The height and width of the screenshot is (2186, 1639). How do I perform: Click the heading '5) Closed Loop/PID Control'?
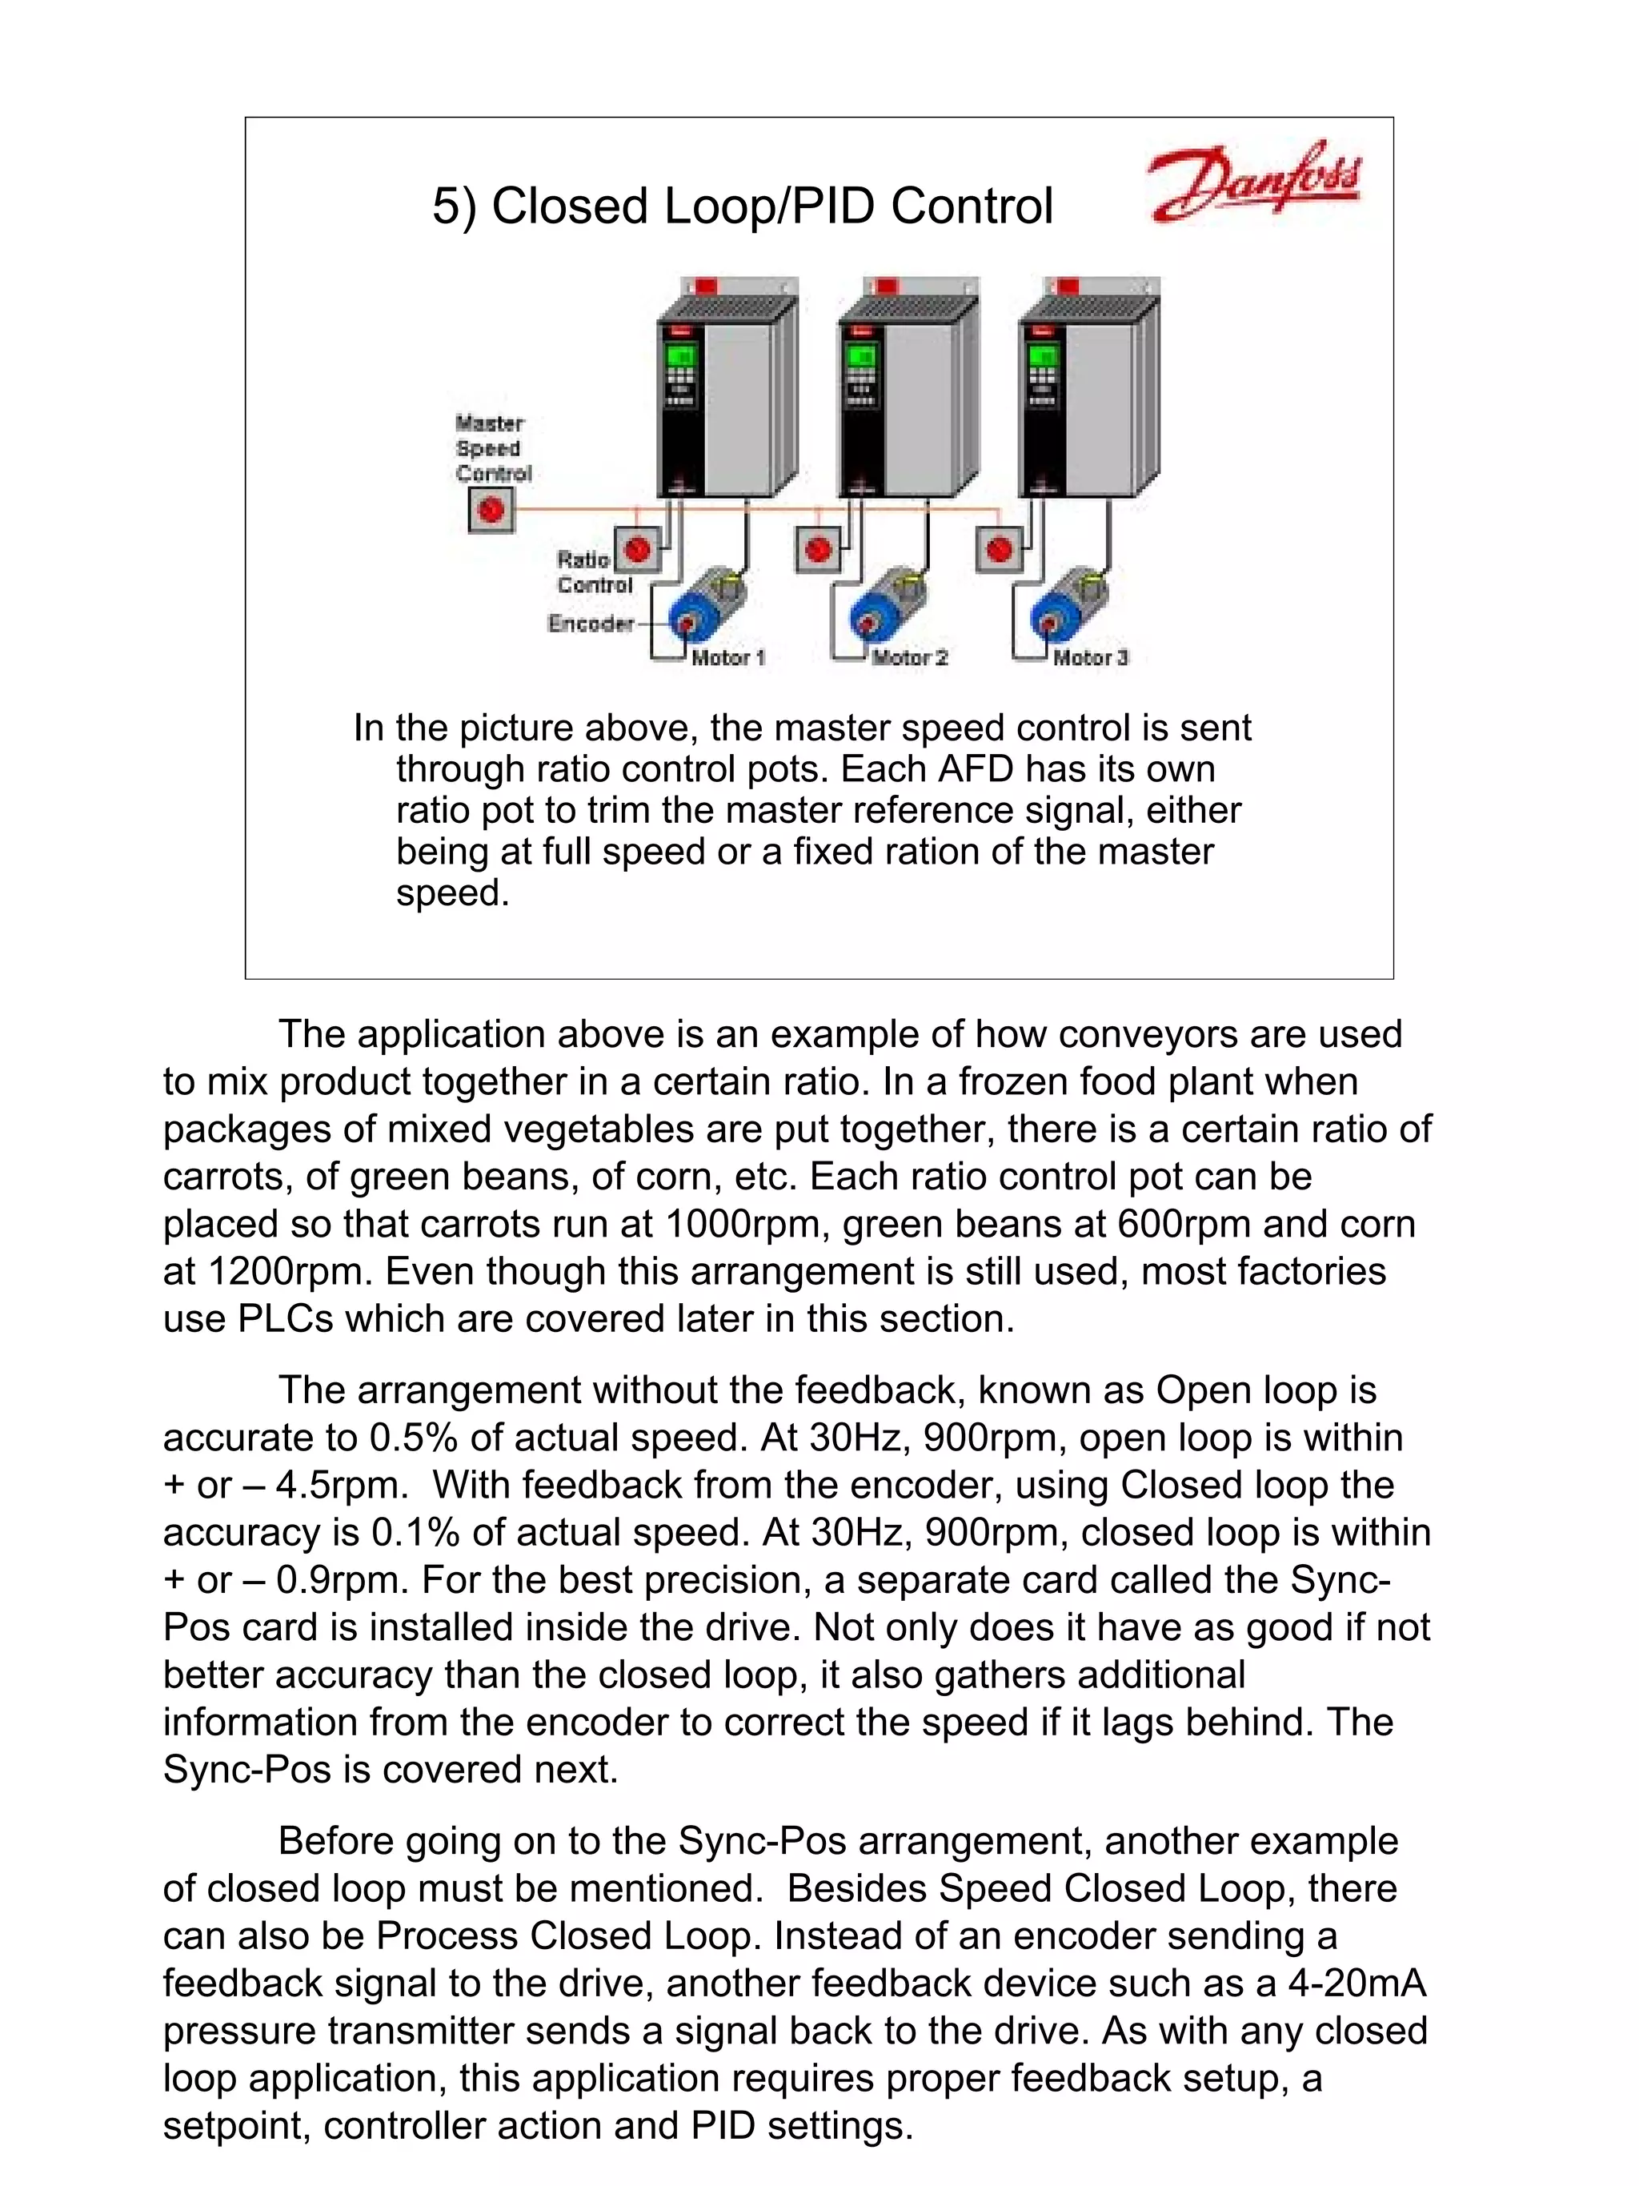coord(742,207)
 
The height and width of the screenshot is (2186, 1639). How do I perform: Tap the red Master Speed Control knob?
coord(490,511)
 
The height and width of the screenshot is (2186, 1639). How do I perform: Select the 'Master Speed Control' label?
coord(492,447)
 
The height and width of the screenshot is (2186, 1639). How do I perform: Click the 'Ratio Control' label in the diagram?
coord(593,572)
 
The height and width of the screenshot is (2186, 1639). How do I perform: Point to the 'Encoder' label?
coord(590,623)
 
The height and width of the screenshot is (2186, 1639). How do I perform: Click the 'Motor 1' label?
coord(728,657)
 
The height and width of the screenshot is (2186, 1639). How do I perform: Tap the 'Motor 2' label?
coord(909,657)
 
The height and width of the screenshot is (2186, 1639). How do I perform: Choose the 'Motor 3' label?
coord(1090,657)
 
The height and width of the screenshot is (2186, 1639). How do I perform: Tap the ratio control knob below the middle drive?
coord(818,548)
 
